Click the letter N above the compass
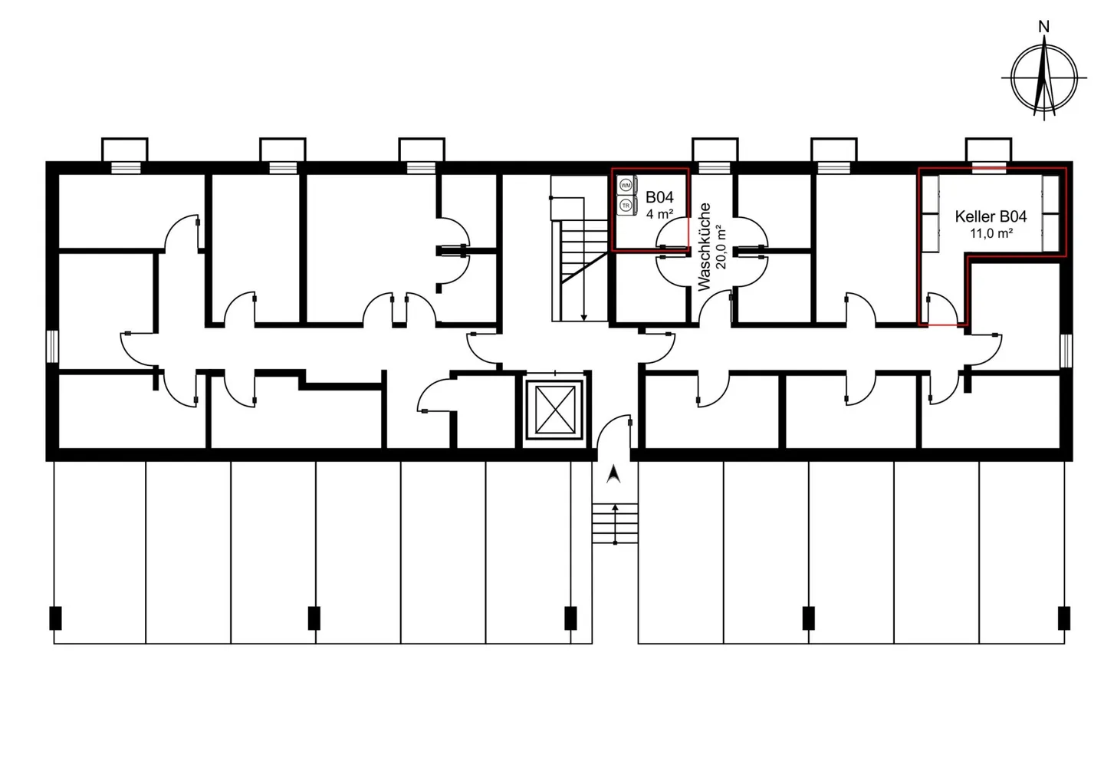point(1043,27)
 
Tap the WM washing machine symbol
point(626,186)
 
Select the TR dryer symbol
point(626,206)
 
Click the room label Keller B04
point(991,216)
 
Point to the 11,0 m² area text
point(991,233)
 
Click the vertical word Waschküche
point(705,246)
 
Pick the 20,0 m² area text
point(721,247)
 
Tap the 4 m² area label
point(659,214)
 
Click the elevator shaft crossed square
point(555,410)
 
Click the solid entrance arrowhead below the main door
point(613,474)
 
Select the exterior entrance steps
point(615,523)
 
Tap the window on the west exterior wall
point(52,347)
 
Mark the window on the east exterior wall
point(1066,351)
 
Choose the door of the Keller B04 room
point(942,309)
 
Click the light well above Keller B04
point(988,150)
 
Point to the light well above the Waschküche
point(715,150)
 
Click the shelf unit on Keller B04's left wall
point(931,214)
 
